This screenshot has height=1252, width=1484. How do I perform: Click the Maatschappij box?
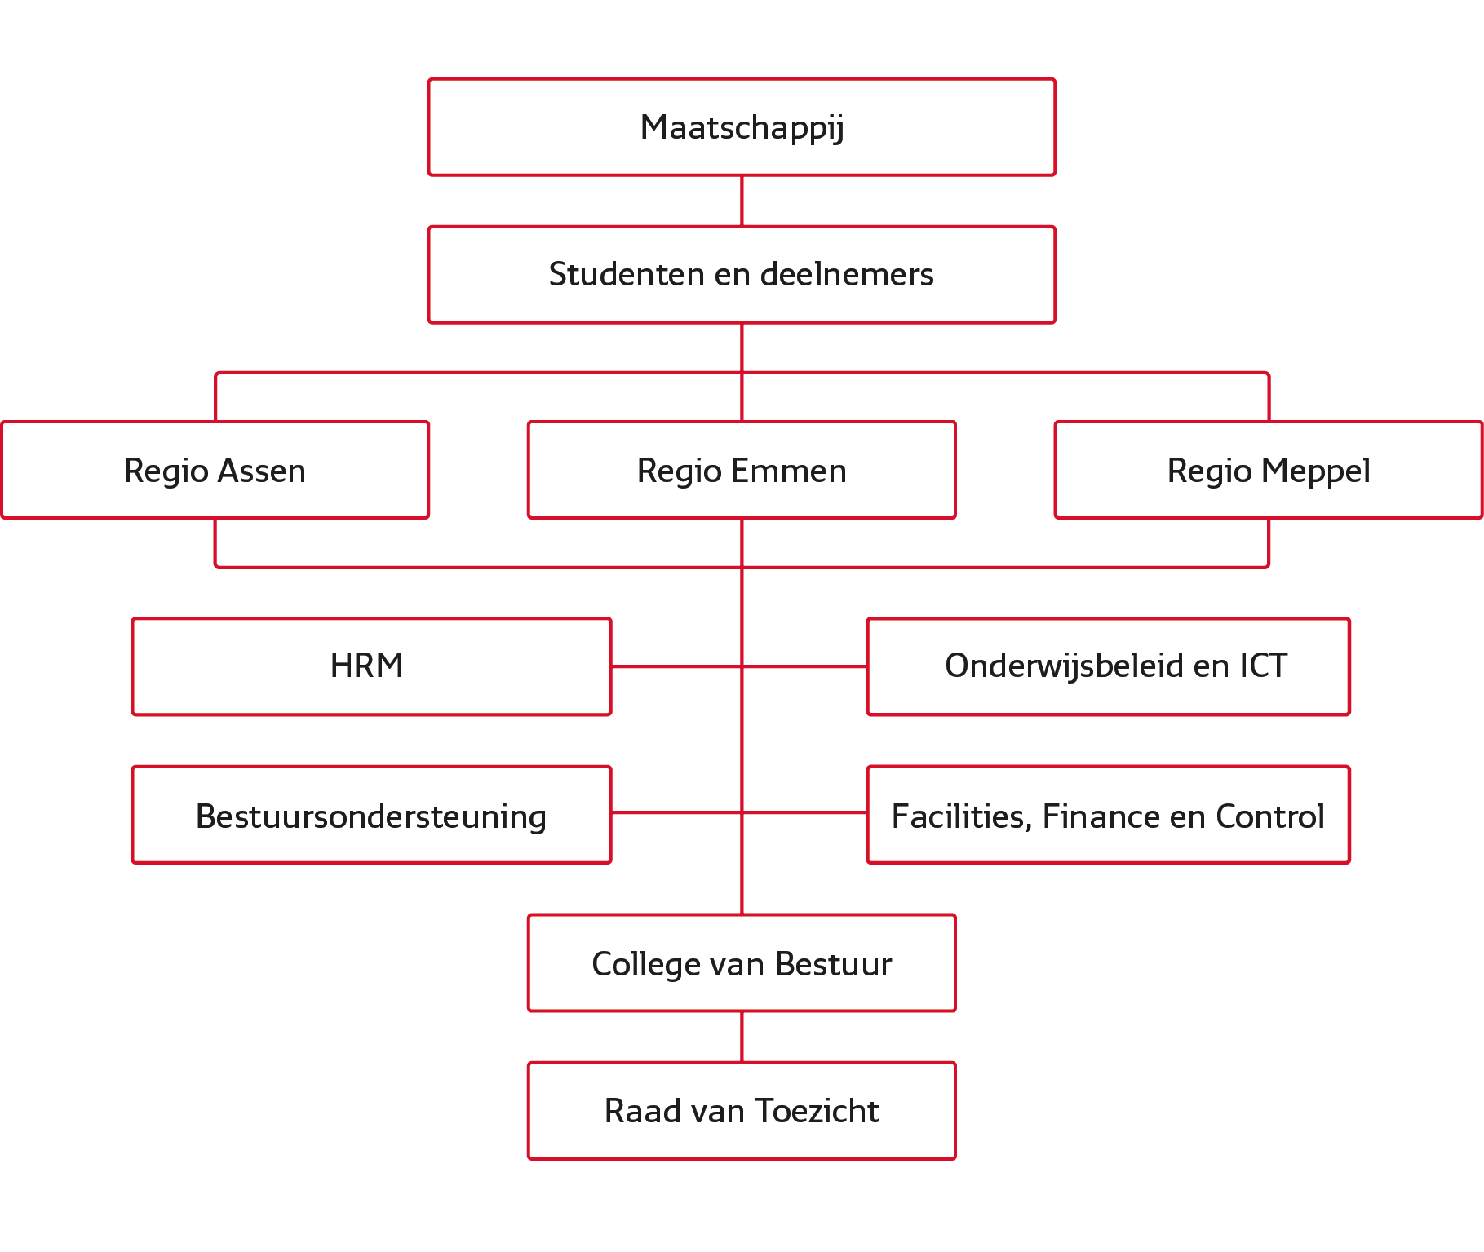pos(742,127)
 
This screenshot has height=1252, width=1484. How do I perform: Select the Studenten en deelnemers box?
pos(742,275)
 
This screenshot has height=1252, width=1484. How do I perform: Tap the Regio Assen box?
pos(215,470)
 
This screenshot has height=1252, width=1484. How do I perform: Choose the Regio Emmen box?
pos(742,470)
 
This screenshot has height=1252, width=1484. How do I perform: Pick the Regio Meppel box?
pos(1269,470)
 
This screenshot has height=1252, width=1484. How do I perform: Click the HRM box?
pos(371,666)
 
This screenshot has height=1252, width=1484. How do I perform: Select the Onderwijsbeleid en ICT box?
pos(1109,666)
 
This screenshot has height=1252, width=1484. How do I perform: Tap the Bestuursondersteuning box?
pos(371,815)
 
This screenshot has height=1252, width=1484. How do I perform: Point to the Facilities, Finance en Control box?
pos(1109,815)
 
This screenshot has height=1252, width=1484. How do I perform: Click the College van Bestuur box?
pos(742,963)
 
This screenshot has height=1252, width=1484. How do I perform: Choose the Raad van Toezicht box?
pos(742,1111)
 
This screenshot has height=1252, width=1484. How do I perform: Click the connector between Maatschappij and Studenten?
pos(742,201)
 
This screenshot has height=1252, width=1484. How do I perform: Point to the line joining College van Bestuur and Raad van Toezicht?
pos(742,1037)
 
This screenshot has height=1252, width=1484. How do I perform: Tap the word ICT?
pos(1264,666)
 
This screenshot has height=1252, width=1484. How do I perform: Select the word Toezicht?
pos(817,1111)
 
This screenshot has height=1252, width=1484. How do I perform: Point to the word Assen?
pos(262,471)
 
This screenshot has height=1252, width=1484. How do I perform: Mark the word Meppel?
pos(1316,471)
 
